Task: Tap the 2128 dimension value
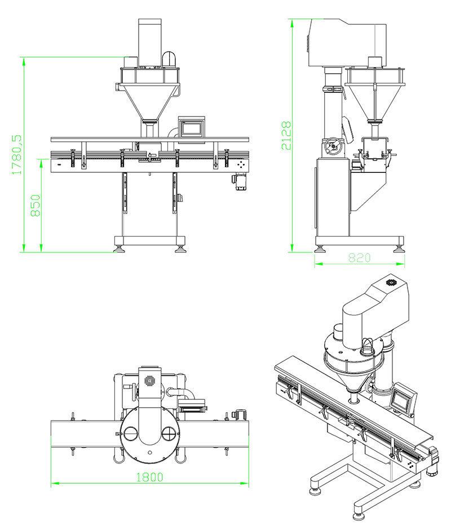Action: pos(287,135)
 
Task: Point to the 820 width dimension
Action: pos(359,258)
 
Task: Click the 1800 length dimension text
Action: pos(149,477)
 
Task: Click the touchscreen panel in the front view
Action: pos(191,127)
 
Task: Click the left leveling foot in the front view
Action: pos(119,248)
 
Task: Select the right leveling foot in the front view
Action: pos(180,248)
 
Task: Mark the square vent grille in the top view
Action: pos(150,380)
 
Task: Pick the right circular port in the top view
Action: pos(168,432)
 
